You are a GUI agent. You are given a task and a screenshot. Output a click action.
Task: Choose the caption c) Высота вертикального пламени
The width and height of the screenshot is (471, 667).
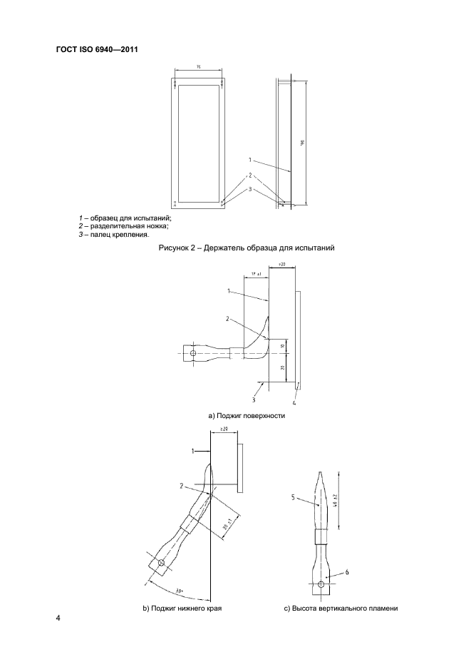click(x=341, y=609)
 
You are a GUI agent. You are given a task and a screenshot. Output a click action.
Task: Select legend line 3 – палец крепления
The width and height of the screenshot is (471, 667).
click(x=114, y=234)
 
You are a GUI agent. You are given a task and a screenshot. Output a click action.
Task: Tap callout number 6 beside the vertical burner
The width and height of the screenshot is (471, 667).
click(x=347, y=573)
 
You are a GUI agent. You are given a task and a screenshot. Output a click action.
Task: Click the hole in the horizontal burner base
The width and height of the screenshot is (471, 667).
click(x=192, y=352)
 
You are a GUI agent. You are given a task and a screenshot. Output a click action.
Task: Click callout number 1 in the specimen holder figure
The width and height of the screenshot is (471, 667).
click(x=250, y=160)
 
